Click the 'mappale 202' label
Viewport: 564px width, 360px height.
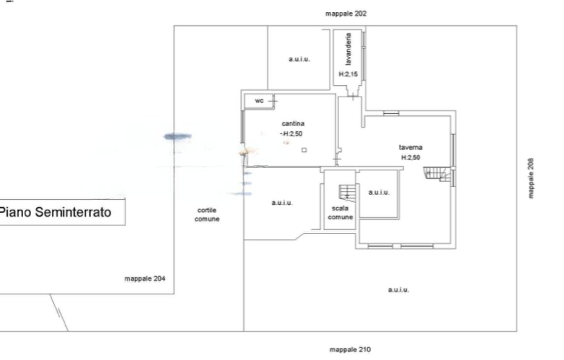pyautogui.click(x=346, y=14)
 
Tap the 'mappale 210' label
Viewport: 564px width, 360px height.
pyautogui.click(x=350, y=350)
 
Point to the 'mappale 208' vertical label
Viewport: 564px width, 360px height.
pyautogui.click(x=531, y=178)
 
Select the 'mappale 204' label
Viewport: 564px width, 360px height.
pyautogui.click(x=144, y=278)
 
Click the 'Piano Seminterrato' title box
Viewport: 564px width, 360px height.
pyautogui.click(x=62, y=212)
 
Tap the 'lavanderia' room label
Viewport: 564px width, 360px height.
pyautogui.click(x=348, y=49)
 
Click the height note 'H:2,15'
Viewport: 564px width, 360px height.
pyautogui.click(x=348, y=74)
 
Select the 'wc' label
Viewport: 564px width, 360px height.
pyautogui.click(x=259, y=101)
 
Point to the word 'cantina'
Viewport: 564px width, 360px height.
pyautogui.click(x=293, y=123)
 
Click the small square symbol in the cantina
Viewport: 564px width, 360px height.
pyautogui.click(x=304, y=150)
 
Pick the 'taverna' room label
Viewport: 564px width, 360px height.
pyautogui.click(x=410, y=147)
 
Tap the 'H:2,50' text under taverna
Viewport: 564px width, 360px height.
pyautogui.click(x=410, y=157)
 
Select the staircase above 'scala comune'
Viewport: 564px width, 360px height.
pyautogui.click(x=347, y=193)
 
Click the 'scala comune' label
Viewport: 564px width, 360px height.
pyautogui.click(x=340, y=213)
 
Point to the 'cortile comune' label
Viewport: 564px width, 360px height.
pyautogui.click(x=207, y=215)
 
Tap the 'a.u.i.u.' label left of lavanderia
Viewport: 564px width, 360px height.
pyautogui.click(x=299, y=59)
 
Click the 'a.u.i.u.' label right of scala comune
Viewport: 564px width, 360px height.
pyautogui.click(x=379, y=192)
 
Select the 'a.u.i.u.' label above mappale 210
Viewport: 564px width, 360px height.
pyautogui.click(x=398, y=289)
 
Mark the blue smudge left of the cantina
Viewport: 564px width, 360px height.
pyautogui.click(x=177, y=136)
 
